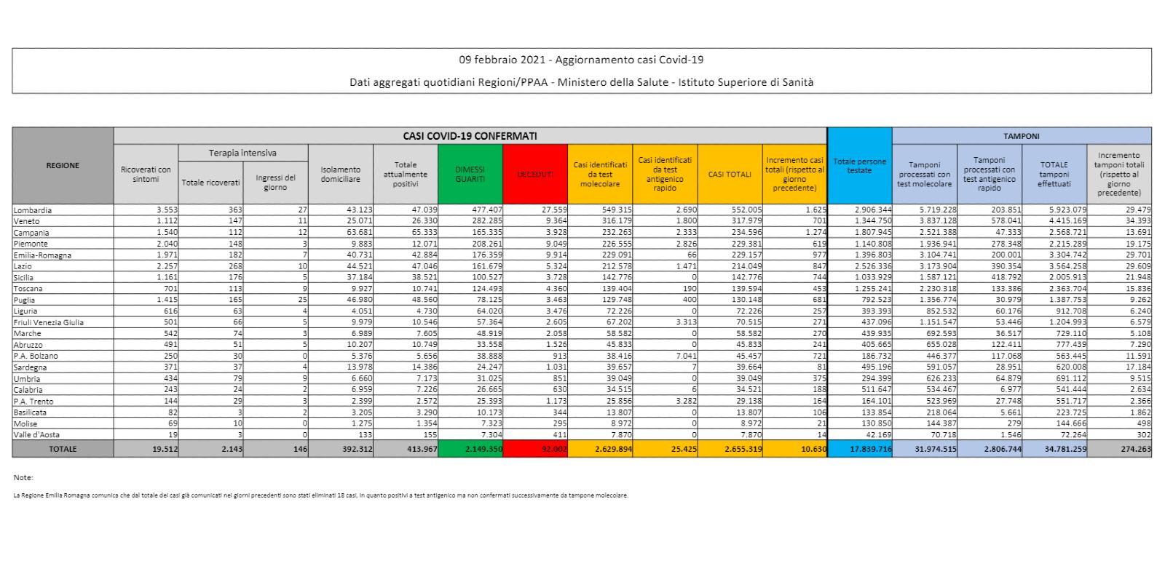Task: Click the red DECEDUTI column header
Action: (x=535, y=175)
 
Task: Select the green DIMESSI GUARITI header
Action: (x=470, y=175)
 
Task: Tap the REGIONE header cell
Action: (x=63, y=166)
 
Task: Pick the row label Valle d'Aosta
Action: (x=36, y=435)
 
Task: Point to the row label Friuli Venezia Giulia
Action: (x=49, y=322)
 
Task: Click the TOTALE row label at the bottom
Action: (x=63, y=450)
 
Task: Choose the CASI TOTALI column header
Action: (x=730, y=175)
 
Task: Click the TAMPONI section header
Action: (x=1022, y=136)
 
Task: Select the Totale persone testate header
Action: (x=859, y=166)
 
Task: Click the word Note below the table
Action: (x=23, y=478)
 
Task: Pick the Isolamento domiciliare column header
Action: (x=341, y=175)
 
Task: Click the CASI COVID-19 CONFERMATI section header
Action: (x=470, y=136)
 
